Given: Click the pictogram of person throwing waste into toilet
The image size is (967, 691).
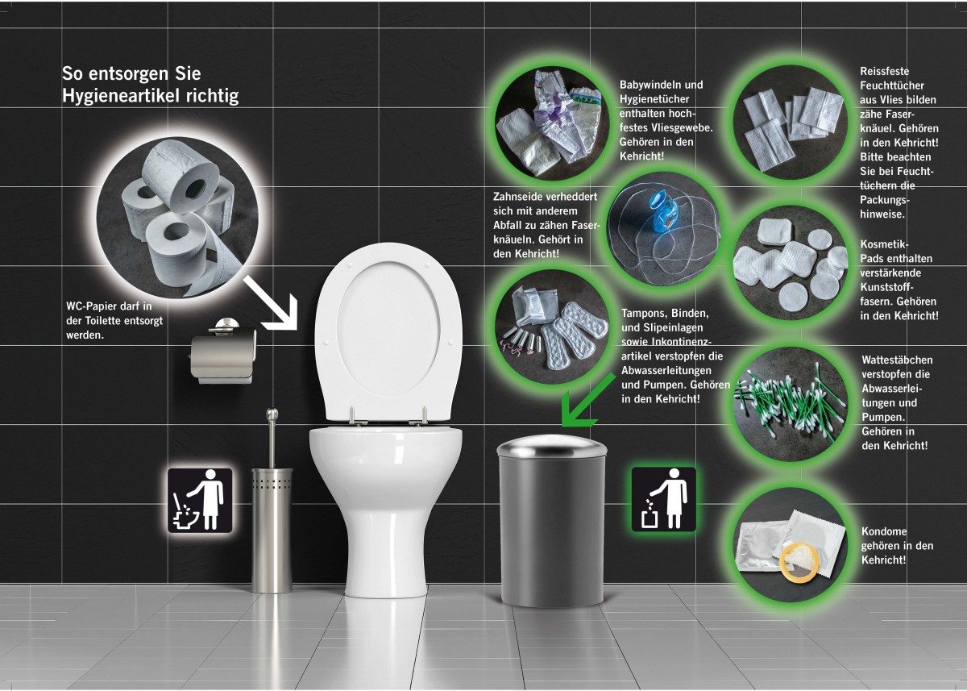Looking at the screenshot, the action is pos(200,500).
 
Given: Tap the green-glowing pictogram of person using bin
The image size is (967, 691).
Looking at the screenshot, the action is pos(663,499).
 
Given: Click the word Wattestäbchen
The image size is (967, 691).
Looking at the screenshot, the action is pos(897,360).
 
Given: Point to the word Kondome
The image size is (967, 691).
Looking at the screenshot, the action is pos(884,531).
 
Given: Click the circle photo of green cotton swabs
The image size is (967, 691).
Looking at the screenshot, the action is pos(790,405).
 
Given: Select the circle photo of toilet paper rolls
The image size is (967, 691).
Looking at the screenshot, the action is pos(177,218).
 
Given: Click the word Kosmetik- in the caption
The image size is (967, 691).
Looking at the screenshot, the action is pos(884,244).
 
